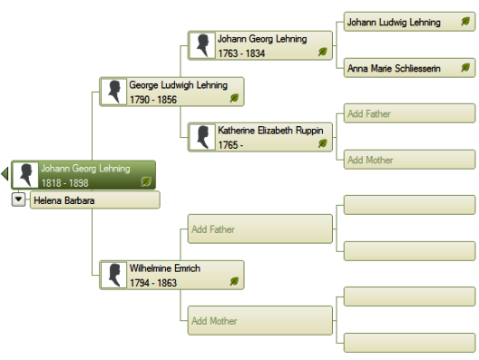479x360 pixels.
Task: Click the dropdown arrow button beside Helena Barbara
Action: click(x=18, y=199)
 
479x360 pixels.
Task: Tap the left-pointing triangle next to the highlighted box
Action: click(x=5, y=174)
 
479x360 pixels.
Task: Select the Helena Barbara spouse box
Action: click(x=94, y=200)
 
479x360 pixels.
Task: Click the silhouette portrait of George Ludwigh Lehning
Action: click(x=113, y=92)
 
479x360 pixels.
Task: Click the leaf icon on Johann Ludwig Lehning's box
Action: click(x=465, y=22)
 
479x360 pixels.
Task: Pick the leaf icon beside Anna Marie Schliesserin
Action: click(x=465, y=67)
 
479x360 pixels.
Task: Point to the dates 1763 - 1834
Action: click(x=241, y=54)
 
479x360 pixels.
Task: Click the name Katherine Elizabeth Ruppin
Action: click(x=270, y=131)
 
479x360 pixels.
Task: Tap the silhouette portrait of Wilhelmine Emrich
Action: click(x=113, y=275)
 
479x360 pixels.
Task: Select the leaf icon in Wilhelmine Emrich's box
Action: click(x=234, y=281)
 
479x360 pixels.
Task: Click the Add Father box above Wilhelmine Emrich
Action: click(x=260, y=229)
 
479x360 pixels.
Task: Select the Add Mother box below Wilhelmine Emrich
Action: click(x=260, y=321)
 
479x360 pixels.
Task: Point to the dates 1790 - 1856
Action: click(x=153, y=100)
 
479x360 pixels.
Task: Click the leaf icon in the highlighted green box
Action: click(x=146, y=181)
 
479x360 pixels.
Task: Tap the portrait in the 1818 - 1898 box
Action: click(x=25, y=175)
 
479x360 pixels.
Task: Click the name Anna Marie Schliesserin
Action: click(x=394, y=68)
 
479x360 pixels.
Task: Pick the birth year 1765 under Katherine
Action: click(x=228, y=145)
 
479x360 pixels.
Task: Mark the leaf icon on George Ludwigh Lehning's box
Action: click(x=234, y=98)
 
